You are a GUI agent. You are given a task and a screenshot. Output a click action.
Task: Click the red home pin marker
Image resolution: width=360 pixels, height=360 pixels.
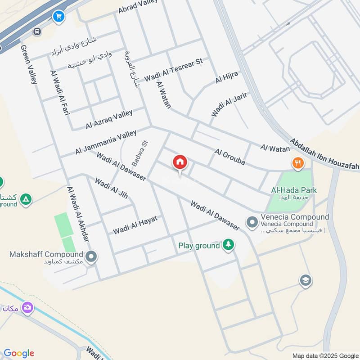click(x=180, y=162)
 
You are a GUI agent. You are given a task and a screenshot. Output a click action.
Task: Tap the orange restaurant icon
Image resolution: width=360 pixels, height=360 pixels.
click(x=297, y=163)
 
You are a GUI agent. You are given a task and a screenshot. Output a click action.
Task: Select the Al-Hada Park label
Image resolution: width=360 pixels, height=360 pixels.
click(x=294, y=190)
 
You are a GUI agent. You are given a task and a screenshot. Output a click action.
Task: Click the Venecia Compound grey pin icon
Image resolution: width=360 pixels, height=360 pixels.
click(x=252, y=221)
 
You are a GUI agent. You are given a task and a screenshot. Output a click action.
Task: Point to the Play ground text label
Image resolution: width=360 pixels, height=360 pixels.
click(x=199, y=246)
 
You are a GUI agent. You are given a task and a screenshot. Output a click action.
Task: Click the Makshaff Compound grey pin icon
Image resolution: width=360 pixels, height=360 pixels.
click(x=91, y=257)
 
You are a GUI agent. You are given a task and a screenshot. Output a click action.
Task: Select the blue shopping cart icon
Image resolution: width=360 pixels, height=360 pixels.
click(x=58, y=17)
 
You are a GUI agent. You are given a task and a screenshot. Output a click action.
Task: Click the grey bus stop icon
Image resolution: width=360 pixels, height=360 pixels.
click(x=37, y=31)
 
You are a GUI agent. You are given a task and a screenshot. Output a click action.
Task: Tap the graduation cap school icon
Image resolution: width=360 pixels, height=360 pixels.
click(x=306, y=280)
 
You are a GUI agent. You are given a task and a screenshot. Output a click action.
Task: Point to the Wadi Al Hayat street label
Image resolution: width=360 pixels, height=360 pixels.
click(x=135, y=225)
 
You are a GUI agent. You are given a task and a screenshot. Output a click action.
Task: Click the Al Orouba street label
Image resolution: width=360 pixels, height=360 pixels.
click(x=229, y=157)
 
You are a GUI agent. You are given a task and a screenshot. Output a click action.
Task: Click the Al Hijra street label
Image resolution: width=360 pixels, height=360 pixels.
click(x=226, y=77)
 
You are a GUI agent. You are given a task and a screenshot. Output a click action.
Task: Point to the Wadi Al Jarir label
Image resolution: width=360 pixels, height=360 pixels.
click(x=229, y=104)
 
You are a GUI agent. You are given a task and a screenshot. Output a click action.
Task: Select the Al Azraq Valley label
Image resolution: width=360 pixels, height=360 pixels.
click(x=109, y=120)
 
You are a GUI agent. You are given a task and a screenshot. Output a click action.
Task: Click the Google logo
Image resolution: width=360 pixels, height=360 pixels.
click(x=19, y=353)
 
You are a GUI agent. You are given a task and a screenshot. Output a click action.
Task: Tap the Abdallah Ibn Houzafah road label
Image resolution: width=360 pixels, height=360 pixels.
click(x=324, y=154)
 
